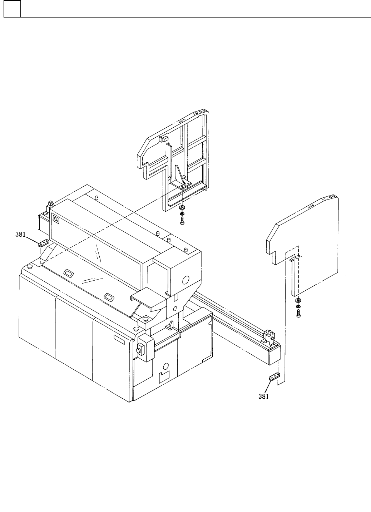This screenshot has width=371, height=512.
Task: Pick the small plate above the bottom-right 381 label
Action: click(x=274, y=377)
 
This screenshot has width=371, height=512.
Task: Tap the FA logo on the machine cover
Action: click(x=56, y=219)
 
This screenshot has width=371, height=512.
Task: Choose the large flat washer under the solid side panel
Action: click(x=298, y=300)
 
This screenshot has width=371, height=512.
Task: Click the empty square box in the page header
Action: click(x=12, y=9)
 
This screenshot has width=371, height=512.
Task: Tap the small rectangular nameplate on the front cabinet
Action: click(x=119, y=339)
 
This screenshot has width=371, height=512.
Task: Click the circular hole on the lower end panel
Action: click(x=165, y=366)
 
